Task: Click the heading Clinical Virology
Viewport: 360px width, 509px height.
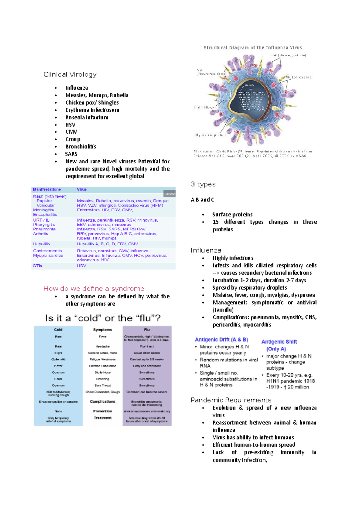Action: click(70, 74)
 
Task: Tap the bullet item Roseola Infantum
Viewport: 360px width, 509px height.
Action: click(87, 118)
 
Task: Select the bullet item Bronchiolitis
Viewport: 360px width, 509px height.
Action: click(80, 147)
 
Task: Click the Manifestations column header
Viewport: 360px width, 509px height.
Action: click(47, 189)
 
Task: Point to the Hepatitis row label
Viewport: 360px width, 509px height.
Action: click(42, 244)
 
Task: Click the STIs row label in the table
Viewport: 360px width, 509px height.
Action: click(37, 266)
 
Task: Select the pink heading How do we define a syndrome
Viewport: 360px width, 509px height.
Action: click(94, 289)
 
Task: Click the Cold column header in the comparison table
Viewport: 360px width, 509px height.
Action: click(58, 330)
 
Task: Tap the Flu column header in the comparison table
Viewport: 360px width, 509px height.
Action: click(147, 330)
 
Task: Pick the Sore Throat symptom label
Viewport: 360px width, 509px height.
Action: click(103, 385)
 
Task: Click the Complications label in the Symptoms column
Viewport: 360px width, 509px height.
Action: click(103, 402)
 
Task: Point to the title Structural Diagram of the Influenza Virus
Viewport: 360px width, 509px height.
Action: click(253, 48)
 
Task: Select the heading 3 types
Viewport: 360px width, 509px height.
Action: click(203, 184)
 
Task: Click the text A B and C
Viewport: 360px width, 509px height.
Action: click(202, 200)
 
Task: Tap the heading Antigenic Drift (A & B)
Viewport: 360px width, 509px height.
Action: click(221, 340)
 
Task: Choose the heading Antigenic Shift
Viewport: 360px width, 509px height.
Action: click(279, 342)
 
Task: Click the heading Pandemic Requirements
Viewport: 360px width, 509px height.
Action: click(231, 400)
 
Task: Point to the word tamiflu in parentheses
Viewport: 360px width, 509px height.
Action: click(223, 310)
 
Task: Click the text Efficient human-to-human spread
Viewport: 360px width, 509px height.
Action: click(254, 445)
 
